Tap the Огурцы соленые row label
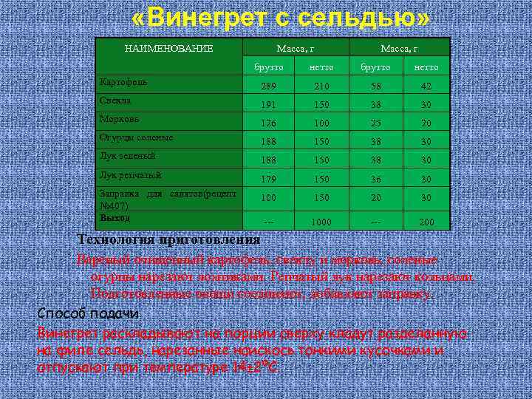pos(136,137)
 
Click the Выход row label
pos(115,218)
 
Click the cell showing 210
pos(321,86)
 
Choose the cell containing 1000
pos(321,222)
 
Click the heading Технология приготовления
pos(168,239)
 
